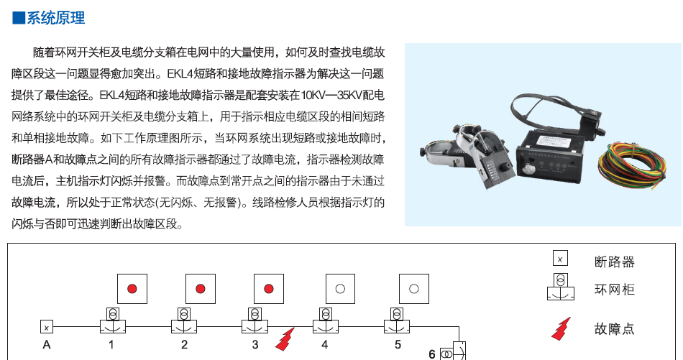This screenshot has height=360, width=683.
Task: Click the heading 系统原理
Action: click(x=56, y=18)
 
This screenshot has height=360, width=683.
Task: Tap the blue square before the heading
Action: click(x=19, y=18)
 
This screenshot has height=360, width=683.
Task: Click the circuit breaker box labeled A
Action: click(x=47, y=326)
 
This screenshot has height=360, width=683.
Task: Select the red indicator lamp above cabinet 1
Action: click(x=132, y=289)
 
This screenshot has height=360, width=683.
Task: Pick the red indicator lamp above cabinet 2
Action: click(x=201, y=289)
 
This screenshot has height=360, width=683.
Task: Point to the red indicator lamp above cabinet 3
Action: click(x=269, y=289)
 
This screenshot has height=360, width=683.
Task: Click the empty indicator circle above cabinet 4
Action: click(x=340, y=289)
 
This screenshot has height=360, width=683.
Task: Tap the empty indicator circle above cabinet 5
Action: click(x=414, y=289)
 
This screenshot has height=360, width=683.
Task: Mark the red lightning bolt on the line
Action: click(x=285, y=340)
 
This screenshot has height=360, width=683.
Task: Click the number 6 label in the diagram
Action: click(x=431, y=354)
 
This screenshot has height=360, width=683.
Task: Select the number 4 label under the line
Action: click(x=324, y=345)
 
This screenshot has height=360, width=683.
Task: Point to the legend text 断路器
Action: click(x=615, y=262)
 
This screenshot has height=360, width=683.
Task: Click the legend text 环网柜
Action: click(x=615, y=290)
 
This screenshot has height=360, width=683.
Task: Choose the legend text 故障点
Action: click(x=615, y=328)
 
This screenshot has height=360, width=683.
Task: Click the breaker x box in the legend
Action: click(x=560, y=258)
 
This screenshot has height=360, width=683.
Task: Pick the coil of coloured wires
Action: click(x=631, y=164)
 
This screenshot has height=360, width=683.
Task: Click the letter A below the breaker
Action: click(x=47, y=345)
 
